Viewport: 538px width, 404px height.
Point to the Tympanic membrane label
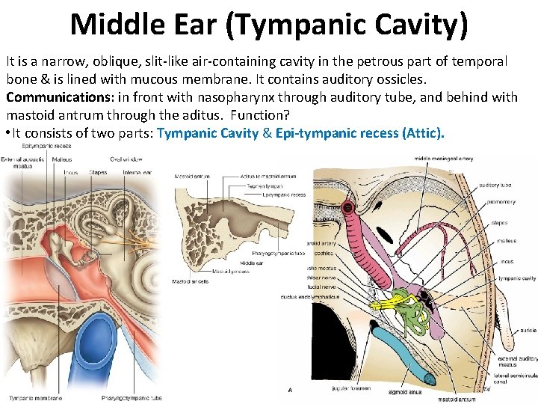[28, 398]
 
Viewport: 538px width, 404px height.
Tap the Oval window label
[129, 159]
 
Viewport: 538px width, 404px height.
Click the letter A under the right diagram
[290, 390]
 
